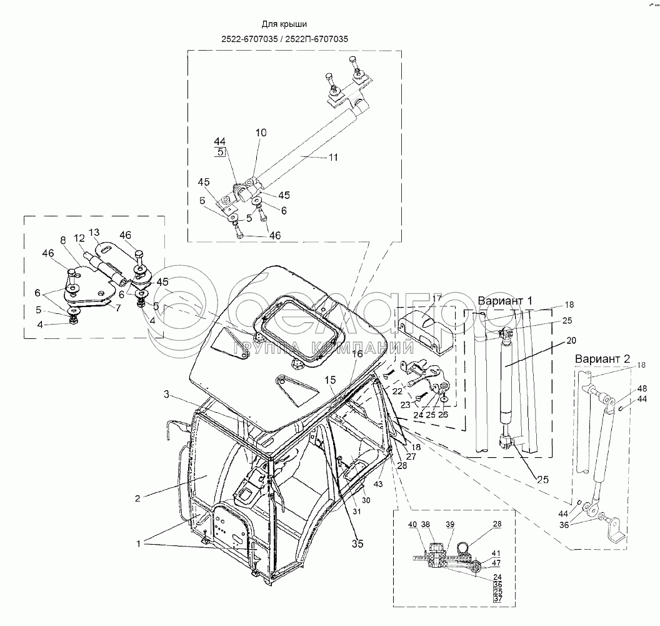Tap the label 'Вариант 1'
[505, 301]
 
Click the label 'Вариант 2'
[601, 360]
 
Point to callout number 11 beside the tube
[333, 158]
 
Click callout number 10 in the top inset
[261, 133]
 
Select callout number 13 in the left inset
[94, 231]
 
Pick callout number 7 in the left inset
[64, 240]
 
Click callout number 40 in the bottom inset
[412, 525]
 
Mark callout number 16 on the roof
[357, 353]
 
